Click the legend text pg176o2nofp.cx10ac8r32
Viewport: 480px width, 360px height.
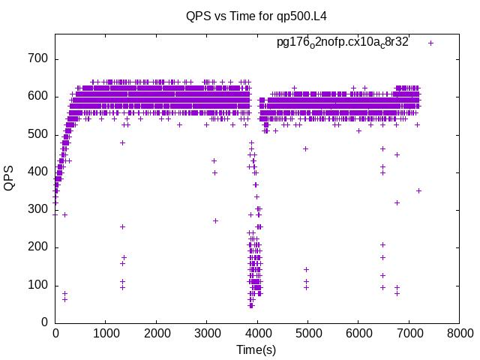pos(342,43)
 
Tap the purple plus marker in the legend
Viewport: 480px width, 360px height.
pos(430,43)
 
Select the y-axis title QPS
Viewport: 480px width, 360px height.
pos(10,178)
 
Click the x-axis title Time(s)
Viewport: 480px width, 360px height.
pos(257,349)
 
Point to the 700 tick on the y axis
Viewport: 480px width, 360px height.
pos(38,59)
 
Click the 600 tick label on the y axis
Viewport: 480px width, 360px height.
pos(38,97)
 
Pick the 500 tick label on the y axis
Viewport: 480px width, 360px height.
pos(38,134)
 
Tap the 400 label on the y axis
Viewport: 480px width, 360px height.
pos(38,172)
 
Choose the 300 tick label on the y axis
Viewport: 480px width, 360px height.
pos(38,209)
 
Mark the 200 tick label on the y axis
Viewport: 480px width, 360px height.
pos(38,247)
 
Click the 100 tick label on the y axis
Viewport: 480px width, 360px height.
pos(38,285)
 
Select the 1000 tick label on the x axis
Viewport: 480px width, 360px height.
pos(106,332)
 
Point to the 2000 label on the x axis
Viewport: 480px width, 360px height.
pos(156,332)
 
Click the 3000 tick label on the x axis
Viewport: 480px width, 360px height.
pos(207,332)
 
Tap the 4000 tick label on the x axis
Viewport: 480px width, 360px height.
pos(257,332)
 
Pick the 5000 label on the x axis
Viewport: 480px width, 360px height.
pos(308,332)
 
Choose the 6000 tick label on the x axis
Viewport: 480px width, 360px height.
pos(358,332)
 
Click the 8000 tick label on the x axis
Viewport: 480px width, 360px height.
pos(460,332)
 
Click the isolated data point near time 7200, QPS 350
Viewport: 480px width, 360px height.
pos(419,190)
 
